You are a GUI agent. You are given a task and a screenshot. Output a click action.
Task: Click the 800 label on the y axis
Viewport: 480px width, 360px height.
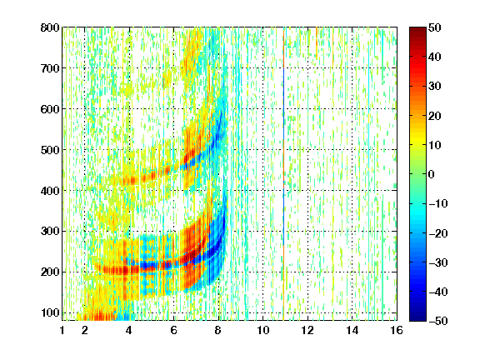tap(50, 27)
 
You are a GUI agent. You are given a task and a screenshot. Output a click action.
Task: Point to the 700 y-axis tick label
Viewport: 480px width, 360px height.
tap(50, 68)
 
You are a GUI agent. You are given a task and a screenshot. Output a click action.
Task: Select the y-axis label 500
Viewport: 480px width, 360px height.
tap(50, 150)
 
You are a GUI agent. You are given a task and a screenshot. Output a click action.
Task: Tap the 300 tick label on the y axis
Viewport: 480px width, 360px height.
tap(50, 232)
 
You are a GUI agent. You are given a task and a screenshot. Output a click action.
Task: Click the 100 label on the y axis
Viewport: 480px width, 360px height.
tap(50, 312)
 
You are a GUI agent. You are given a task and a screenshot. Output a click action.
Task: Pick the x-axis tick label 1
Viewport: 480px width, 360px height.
tap(62, 330)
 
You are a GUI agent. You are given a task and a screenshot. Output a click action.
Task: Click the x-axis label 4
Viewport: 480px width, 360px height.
tap(129, 330)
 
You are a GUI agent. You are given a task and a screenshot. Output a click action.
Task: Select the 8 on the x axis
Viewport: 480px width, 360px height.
tap(218, 330)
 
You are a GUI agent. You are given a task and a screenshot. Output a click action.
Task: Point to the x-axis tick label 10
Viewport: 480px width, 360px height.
tap(263, 330)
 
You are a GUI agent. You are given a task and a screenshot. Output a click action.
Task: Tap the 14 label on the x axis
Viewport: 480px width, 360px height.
tap(352, 330)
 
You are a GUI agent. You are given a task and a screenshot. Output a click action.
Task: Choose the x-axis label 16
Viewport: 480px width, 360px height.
tap(397, 330)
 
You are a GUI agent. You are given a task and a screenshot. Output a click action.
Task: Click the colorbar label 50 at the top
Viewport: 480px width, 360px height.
tap(434, 27)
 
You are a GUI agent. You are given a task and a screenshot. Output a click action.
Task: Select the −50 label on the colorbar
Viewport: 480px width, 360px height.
tap(438, 321)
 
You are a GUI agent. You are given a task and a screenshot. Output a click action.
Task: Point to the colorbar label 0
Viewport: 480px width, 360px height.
tap(431, 174)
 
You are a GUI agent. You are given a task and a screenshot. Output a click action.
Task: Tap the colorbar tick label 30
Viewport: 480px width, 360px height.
tap(434, 87)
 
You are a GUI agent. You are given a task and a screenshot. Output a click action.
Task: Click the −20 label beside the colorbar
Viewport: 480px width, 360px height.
tap(438, 233)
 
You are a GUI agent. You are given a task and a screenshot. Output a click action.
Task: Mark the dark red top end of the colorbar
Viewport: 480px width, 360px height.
tap(417, 31)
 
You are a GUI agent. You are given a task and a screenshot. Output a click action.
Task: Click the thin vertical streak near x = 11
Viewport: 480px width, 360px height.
tap(284, 174)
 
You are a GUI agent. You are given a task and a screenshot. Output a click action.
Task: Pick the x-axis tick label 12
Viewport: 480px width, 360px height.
tap(307, 330)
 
